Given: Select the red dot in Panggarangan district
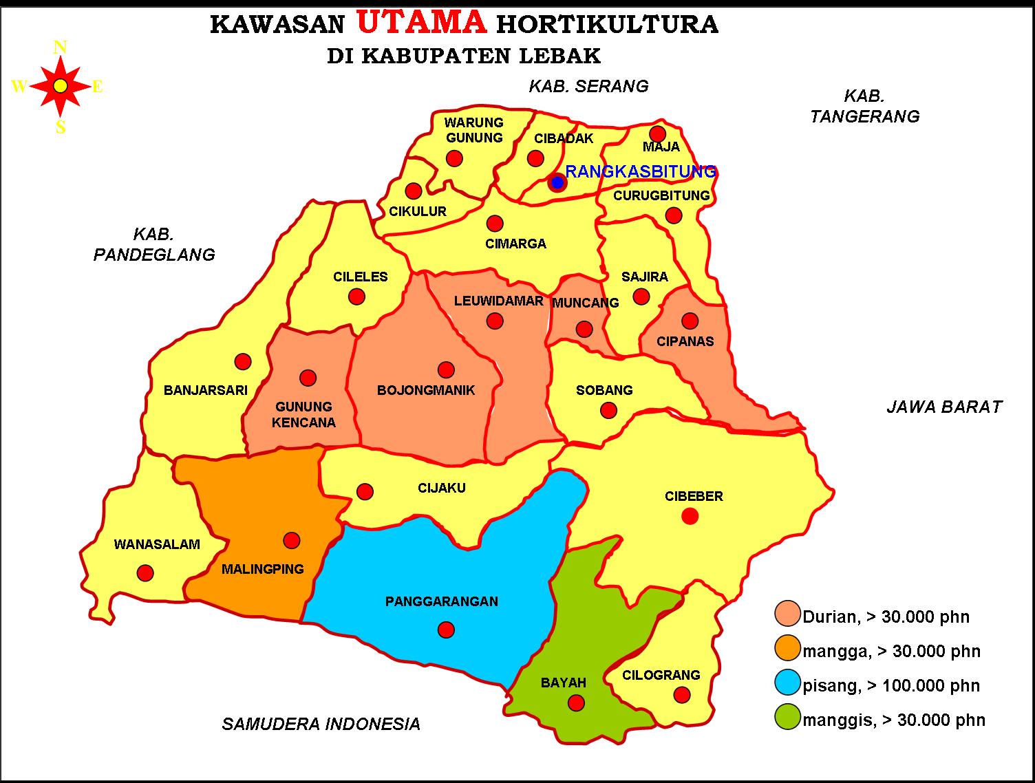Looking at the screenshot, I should [446, 630].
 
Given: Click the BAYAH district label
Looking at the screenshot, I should [564, 683].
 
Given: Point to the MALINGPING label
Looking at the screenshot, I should [262, 569].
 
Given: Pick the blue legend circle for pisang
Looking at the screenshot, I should [788, 683].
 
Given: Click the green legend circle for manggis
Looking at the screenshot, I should [788, 718].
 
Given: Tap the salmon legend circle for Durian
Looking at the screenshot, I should [788, 614].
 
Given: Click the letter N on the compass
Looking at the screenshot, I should [60, 47].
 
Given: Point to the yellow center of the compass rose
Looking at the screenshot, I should [61, 86].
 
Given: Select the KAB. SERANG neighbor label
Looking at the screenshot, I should [588, 86].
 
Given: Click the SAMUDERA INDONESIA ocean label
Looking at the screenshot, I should [321, 724].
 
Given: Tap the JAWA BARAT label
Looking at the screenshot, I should [944, 407].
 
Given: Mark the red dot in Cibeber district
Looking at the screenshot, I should [690, 516].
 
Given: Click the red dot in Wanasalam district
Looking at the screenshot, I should [145, 572].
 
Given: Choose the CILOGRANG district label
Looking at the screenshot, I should [661, 675].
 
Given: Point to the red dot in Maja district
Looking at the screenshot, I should [658, 133].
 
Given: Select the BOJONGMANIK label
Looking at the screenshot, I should [426, 390].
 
